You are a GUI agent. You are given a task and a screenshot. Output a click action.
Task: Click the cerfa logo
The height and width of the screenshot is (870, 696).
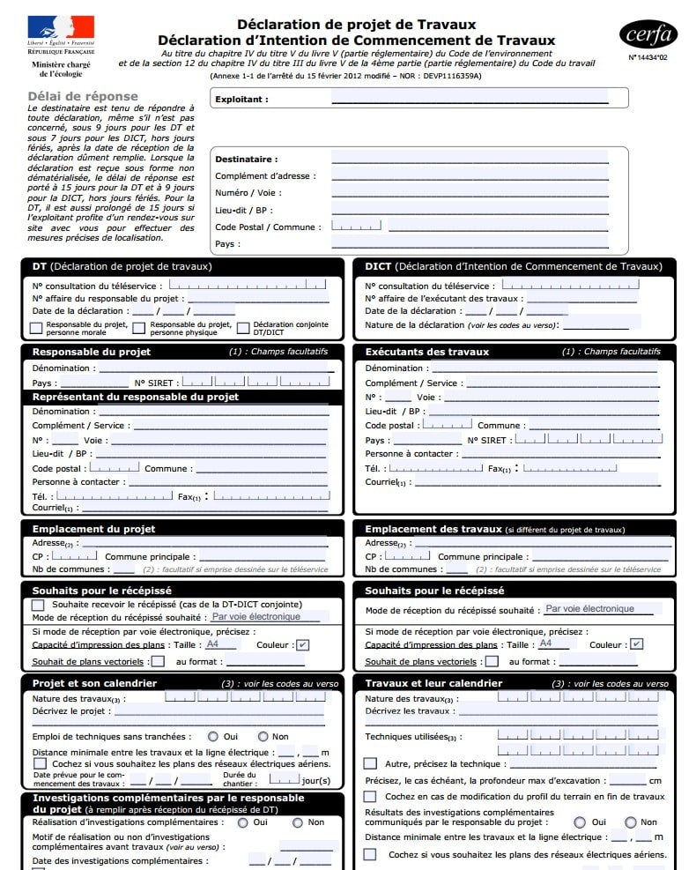[x=648, y=34]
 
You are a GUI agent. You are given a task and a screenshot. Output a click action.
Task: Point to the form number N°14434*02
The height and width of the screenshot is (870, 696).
[x=648, y=57]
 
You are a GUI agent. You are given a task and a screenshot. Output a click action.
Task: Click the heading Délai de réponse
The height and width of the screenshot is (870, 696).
[x=83, y=96]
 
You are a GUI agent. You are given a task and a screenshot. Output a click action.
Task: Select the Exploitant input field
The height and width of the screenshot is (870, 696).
[x=470, y=100]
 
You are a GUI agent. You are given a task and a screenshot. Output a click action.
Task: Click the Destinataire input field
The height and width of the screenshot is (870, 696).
[x=470, y=159]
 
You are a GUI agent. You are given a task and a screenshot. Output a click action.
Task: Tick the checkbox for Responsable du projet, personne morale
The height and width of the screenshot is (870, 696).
[x=36, y=328]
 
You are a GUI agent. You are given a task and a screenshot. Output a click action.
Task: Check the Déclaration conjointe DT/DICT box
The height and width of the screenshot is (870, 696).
[x=244, y=328]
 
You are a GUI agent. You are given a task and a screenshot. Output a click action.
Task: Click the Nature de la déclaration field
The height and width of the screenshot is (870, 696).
[x=596, y=324]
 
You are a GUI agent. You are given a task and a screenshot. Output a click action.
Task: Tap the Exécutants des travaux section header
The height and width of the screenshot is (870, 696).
[x=427, y=352]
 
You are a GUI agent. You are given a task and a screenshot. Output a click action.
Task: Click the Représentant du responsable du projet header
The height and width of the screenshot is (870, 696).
[x=136, y=397]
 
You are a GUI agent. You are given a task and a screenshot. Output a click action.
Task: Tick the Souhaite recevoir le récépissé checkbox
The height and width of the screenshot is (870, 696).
[x=38, y=605]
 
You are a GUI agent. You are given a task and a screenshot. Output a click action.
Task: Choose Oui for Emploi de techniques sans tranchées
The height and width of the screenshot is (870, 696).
[x=213, y=736]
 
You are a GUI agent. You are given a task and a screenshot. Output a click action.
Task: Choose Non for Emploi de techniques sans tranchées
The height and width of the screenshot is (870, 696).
[x=263, y=736]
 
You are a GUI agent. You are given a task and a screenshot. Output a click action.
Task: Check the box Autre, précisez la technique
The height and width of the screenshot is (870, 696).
[x=370, y=763]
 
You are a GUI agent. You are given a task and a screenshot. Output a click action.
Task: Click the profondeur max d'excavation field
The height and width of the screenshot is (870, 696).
[x=626, y=780]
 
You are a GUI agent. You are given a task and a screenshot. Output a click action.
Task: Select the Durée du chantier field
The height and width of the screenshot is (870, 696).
[x=283, y=779]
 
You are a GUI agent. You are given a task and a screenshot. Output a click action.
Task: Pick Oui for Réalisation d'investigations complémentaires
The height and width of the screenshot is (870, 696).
[x=242, y=822]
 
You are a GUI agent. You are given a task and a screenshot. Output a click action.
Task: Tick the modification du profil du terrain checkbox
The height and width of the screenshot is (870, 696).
[x=370, y=796]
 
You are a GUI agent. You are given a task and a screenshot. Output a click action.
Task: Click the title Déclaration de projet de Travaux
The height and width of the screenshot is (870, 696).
[x=356, y=25]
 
